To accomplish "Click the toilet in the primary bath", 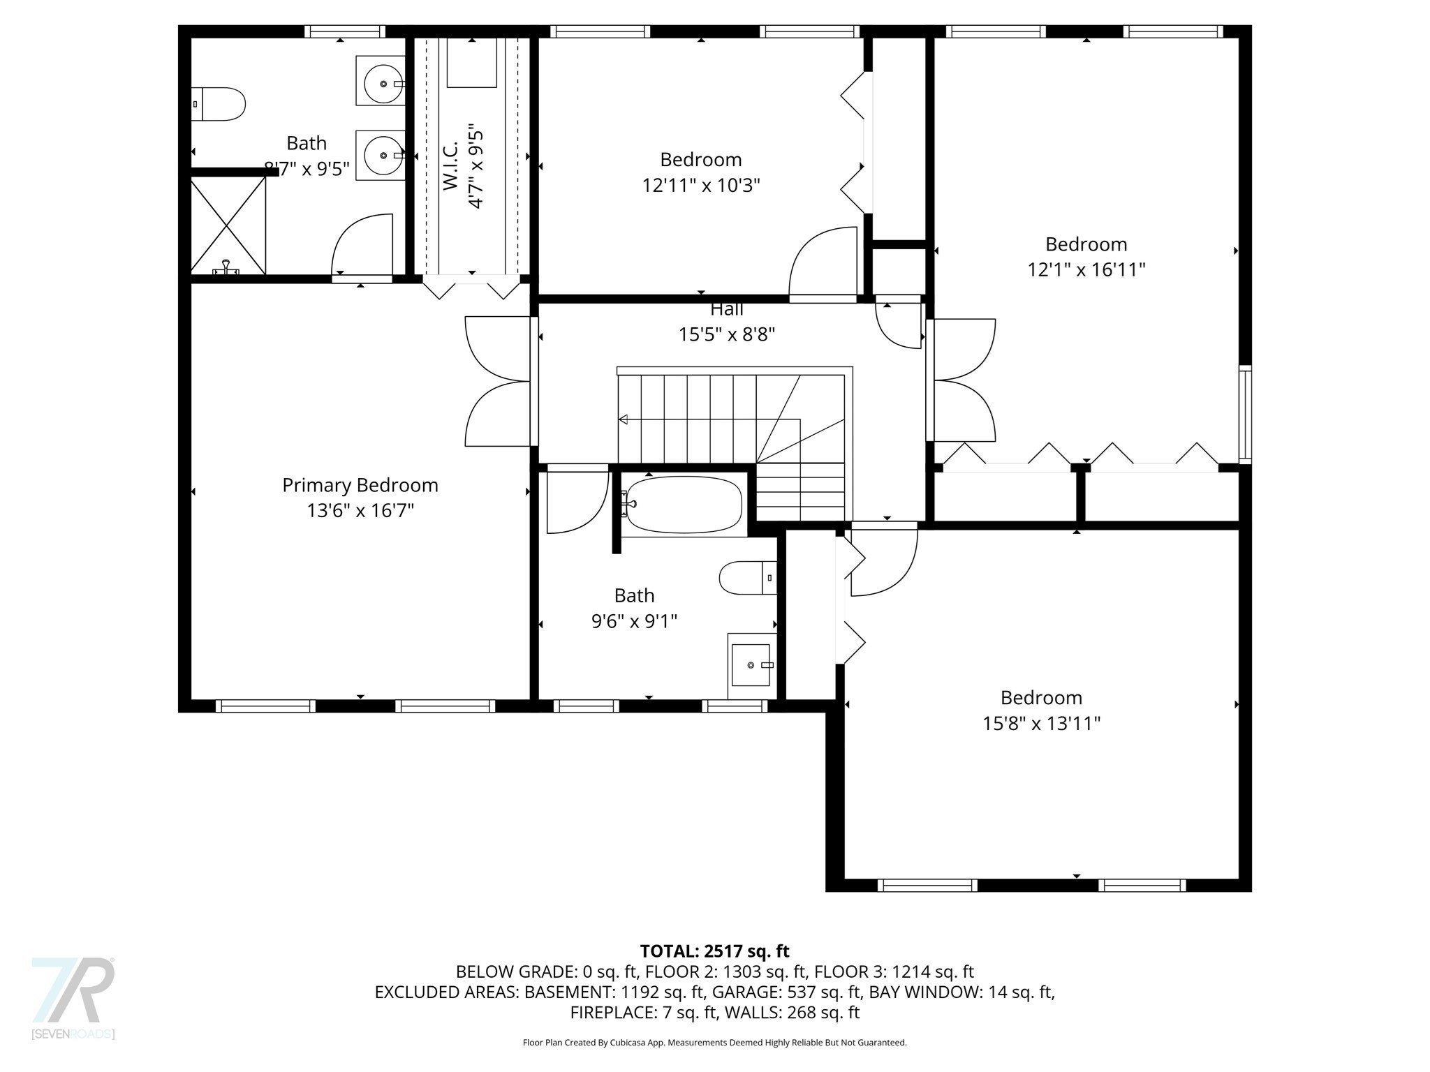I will (218, 104).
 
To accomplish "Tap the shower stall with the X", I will (228, 225).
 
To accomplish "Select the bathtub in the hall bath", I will (683, 505).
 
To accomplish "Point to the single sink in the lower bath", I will (751, 665).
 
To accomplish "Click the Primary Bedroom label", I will (360, 485).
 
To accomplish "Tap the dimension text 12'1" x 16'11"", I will (1086, 269).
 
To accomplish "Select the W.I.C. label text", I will (450, 165).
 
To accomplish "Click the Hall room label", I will (726, 309).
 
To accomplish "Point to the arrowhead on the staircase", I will (623, 419).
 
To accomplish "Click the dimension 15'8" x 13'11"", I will (1041, 723).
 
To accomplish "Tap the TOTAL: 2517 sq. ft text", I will (714, 951).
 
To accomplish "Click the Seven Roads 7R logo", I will (73, 992).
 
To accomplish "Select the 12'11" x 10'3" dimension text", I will (700, 186).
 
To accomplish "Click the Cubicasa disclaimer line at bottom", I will (714, 1043).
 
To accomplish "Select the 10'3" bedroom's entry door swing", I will (823, 264).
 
